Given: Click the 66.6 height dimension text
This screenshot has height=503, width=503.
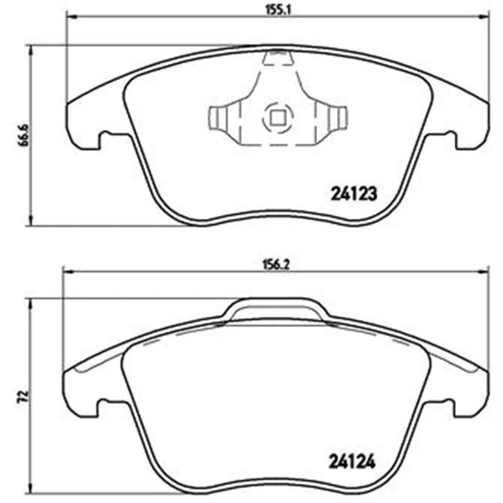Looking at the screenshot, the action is click(x=24, y=135).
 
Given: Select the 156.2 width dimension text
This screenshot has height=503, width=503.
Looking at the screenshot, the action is click(x=277, y=265).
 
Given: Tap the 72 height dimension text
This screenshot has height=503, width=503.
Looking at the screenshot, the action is click(x=25, y=397).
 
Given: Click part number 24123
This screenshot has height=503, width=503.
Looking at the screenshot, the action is click(x=353, y=194).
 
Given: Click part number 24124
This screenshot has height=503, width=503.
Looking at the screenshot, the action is click(x=351, y=462).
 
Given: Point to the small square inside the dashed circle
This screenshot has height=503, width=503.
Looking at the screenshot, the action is click(x=277, y=118).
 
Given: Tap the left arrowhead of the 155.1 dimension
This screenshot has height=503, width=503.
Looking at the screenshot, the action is click(x=71, y=16).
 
